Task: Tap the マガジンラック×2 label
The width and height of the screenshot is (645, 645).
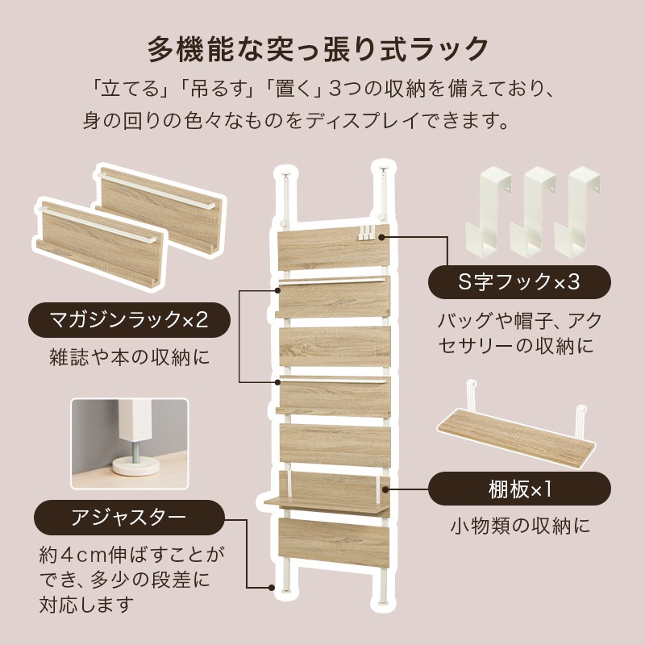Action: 130,320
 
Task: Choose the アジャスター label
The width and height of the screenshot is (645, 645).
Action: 130,516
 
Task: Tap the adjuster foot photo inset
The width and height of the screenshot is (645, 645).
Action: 130,443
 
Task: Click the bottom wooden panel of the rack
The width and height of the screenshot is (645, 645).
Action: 333,544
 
